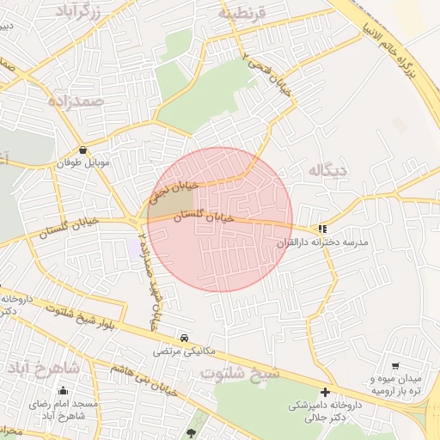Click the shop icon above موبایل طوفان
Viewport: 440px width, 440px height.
(82, 149)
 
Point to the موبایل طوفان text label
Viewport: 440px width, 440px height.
(80, 162)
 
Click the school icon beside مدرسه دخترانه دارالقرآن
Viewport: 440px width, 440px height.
(322, 229)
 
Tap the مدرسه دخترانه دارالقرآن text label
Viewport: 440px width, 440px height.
(321, 243)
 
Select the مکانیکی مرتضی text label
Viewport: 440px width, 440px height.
(180, 351)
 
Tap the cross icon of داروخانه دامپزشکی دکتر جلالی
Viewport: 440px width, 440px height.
(325, 392)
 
